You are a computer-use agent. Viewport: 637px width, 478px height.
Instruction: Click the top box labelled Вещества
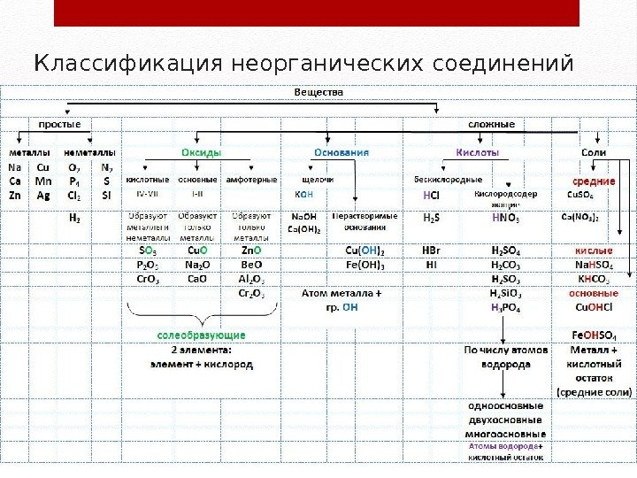pyautogui.click(x=318, y=91)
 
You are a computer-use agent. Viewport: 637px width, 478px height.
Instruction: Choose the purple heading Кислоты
pyautogui.click(x=477, y=152)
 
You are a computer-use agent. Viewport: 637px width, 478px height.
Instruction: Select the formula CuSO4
pyautogui.click(x=580, y=195)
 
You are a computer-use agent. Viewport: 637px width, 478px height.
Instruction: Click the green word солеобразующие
pyautogui.click(x=201, y=336)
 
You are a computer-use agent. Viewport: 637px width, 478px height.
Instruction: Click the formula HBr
pyautogui.click(x=431, y=251)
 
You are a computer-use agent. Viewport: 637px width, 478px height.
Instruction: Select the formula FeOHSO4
pyautogui.click(x=592, y=335)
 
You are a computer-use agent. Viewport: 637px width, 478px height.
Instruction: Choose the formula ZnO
pyautogui.click(x=249, y=251)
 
